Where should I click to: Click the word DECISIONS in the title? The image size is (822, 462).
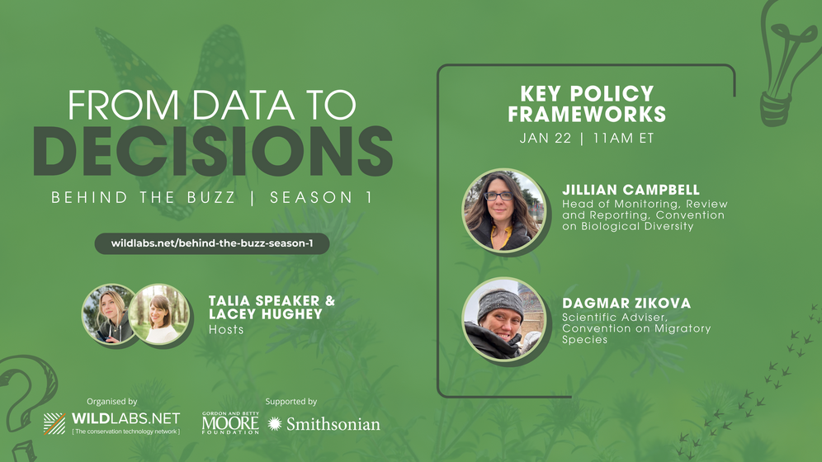(213, 151)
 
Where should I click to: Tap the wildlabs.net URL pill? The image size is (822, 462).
(212, 243)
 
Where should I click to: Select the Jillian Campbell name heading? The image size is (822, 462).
(631, 190)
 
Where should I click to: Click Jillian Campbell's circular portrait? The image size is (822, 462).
(503, 210)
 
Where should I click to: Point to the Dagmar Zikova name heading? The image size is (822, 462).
(626, 303)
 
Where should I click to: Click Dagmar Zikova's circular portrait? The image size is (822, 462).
(503, 319)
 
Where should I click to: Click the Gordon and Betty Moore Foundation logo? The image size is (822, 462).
(230, 422)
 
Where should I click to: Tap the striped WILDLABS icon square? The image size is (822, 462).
(54, 424)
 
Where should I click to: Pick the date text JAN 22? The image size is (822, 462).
(546, 139)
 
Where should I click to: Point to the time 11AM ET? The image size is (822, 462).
(623, 139)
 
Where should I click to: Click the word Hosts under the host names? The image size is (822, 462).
(226, 329)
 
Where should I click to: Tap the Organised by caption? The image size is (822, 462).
(111, 402)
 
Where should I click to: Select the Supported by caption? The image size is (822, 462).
(291, 402)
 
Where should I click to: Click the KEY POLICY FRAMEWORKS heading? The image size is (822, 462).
(587, 104)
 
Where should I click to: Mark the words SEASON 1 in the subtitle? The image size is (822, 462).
(321, 197)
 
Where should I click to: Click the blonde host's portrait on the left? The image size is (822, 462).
(109, 313)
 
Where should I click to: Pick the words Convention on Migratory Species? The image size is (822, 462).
(636, 333)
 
